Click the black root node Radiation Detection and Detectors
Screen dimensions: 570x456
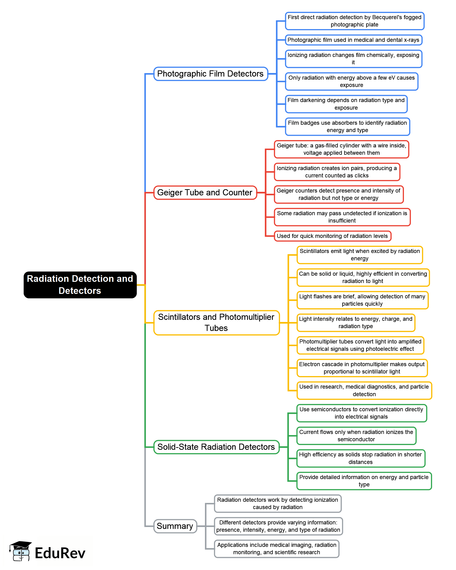[x=80, y=285]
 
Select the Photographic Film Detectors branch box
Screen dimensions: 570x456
[x=211, y=74]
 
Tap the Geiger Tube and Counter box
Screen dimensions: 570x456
[x=205, y=193]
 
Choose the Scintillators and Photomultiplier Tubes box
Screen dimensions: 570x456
[x=216, y=322]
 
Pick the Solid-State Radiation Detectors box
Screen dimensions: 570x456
[x=216, y=447]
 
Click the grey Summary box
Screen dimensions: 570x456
[x=175, y=526]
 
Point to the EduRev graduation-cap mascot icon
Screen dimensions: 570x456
[x=21, y=551]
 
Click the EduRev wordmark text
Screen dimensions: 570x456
[x=60, y=553]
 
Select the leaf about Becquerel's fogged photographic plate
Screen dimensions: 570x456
[x=354, y=21]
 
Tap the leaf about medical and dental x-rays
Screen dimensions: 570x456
[x=353, y=40]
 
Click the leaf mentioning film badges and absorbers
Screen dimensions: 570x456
[x=347, y=126]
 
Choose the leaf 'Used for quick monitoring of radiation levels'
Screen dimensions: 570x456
[x=332, y=236]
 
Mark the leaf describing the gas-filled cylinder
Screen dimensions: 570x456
[x=341, y=149]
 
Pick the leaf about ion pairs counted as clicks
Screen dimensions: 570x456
[x=336, y=172]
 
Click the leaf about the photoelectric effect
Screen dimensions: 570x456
[x=360, y=345]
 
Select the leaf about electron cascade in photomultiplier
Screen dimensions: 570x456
[x=362, y=368]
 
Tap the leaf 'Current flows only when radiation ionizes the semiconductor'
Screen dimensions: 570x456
[x=356, y=435]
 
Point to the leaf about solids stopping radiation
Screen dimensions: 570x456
[x=360, y=458]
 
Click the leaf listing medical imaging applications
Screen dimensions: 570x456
[x=277, y=549]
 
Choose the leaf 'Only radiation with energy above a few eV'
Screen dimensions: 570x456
[x=351, y=81]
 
